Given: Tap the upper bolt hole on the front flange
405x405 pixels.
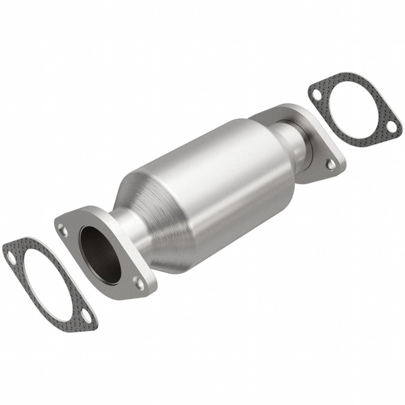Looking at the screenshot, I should (x=62, y=227).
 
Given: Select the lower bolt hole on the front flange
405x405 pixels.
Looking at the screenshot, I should (x=137, y=282).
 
